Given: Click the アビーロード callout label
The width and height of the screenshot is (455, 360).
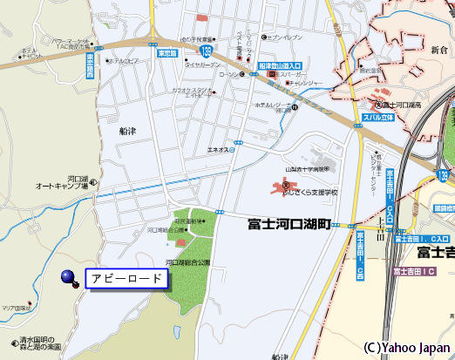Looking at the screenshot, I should click(126, 279).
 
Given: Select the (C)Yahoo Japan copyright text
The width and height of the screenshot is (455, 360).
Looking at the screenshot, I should click(406, 346).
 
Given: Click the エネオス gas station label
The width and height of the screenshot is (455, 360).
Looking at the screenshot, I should click(217, 150).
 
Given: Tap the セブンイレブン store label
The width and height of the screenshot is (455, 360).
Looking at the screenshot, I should click(287, 37).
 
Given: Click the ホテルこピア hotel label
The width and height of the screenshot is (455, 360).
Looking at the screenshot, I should click(125, 61).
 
